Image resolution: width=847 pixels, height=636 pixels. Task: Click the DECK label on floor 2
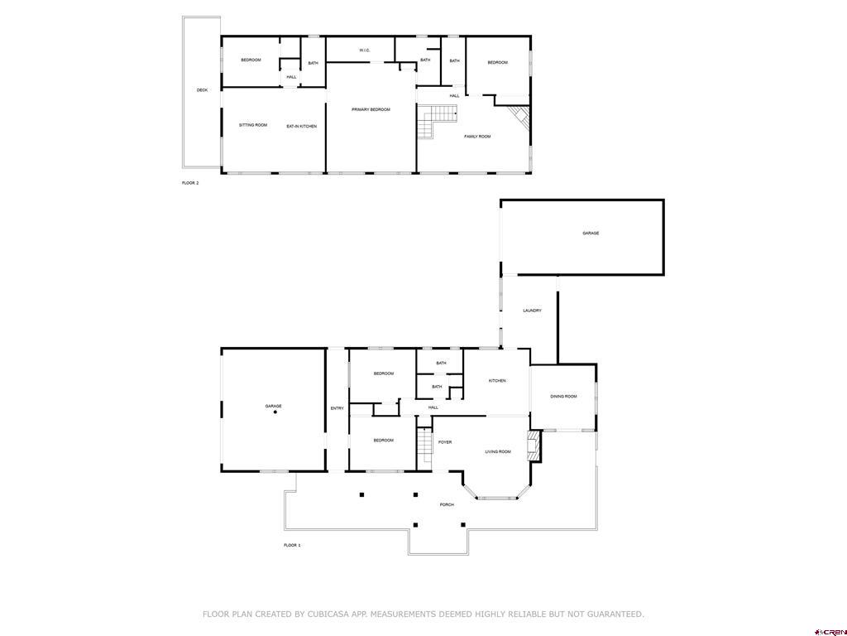point(202,90)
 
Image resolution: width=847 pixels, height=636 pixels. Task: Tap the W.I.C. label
point(365,51)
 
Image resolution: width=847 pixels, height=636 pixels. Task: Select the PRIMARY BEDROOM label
point(371,109)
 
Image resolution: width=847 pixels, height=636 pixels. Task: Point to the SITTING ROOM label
point(253,125)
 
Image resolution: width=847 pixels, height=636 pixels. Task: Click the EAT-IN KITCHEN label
point(302,126)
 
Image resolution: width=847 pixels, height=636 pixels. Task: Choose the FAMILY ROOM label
point(477,137)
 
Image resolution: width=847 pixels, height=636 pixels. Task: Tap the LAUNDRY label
point(532,311)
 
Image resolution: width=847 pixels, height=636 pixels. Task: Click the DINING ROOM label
point(563,397)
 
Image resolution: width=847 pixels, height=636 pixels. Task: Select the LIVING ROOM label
point(498,451)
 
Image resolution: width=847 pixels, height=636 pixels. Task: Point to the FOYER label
point(445,442)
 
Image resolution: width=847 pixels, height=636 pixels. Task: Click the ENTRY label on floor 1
point(337,408)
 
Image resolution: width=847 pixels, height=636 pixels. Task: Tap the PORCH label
point(447,504)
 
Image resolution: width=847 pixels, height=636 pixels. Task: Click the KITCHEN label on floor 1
point(497,381)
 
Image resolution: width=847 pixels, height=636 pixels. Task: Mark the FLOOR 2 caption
point(190,183)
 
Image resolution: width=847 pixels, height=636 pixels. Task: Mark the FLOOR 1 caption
point(292,545)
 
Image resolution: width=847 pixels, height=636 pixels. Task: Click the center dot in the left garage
point(275,412)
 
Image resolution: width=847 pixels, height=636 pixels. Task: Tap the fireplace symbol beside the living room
point(535,446)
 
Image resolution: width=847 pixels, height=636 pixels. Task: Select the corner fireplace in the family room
point(519,117)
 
